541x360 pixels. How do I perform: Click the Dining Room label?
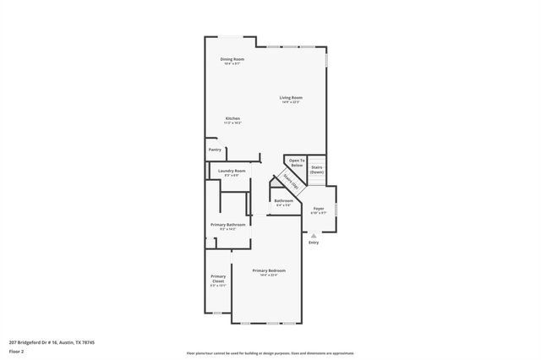click(232, 59)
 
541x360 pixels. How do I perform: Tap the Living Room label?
click(291, 97)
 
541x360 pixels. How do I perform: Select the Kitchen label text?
click(232, 118)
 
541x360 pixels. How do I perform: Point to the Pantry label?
click(215, 150)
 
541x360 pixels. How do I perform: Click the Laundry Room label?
click(231, 171)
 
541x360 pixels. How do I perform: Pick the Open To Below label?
click(296, 162)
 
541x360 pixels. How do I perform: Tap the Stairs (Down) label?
click(317, 169)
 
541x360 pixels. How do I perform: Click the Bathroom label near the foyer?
click(283, 200)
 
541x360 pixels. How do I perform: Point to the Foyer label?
click(319, 208)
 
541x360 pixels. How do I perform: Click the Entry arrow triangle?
click(314, 236)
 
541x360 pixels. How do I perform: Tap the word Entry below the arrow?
click(314, 243)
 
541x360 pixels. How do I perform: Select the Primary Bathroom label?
click(228, 224)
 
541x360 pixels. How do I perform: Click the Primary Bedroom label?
click(265, 270)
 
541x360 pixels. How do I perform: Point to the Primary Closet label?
click(218, 278)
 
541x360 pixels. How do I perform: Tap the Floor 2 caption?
click(17, 352)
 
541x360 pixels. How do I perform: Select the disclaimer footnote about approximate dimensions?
click(270, 352)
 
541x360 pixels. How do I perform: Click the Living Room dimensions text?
click(291, 102)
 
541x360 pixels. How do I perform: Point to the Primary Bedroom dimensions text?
click(265, 275)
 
